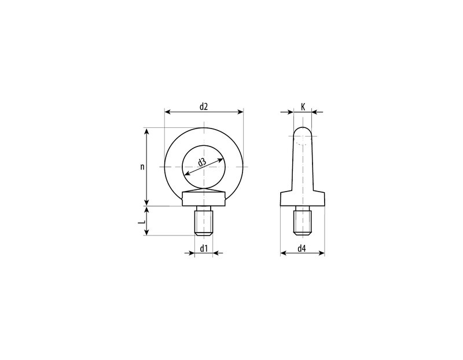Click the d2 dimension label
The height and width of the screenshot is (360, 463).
click(x=204, y=106)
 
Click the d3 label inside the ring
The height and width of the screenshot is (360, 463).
click(x=202, y=162)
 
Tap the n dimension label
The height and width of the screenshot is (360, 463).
click(x=142, y=167)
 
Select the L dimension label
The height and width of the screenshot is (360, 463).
click(x=142, y=221)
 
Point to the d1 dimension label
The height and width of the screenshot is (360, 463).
click(x=204, y=249)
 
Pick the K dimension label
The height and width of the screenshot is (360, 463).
click(x=303, y=106)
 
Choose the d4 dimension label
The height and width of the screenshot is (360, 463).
click(x=302, y=249)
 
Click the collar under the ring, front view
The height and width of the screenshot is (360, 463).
click(x=204, y=199)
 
